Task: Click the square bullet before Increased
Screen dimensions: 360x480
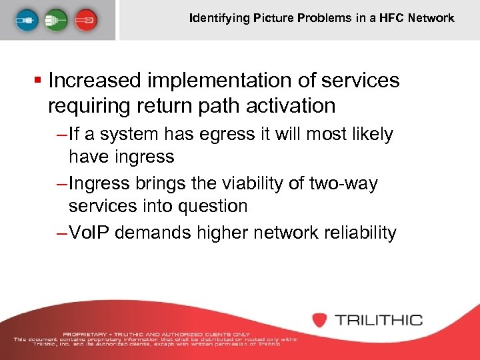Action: pos(41,81)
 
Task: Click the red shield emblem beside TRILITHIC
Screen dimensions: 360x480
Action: pos(320,319)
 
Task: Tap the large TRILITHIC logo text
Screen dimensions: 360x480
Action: pos(378,319)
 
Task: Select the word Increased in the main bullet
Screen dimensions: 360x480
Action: pos(95,81)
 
